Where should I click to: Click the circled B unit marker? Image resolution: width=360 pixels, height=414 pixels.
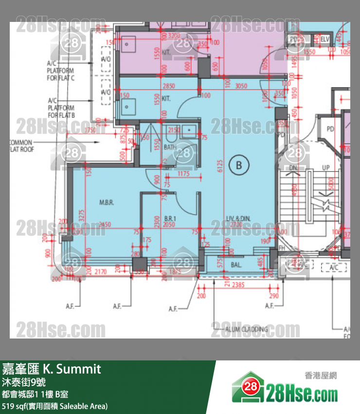[238, 165]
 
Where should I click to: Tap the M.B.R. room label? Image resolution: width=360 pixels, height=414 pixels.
[107, 202]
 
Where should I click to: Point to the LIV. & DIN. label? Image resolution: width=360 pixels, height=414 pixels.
[238, 219]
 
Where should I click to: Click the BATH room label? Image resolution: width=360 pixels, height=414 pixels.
[170, 146]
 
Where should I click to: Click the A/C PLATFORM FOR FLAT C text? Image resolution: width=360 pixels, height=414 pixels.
[61, 71]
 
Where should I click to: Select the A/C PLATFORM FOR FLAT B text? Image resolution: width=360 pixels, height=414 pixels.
[61, 108]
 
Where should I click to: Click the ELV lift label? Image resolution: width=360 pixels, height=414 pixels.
[325, 39]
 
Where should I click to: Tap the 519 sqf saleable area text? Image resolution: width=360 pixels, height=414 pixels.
[55, 406]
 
